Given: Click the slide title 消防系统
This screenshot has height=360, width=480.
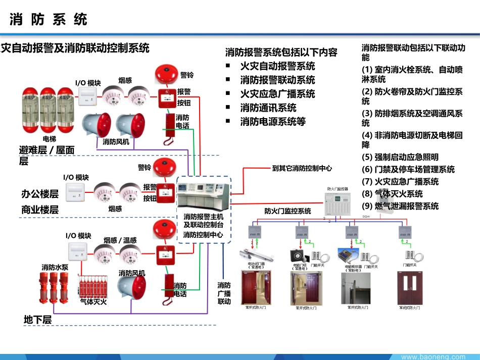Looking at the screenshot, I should click(x=49, y=19).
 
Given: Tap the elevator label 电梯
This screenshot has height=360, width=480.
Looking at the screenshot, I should click(x=49, y=138).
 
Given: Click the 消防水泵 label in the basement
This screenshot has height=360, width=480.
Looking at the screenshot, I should click(x=55, y=267).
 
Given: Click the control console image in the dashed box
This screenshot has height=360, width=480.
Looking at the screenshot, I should click(x=203, y=195).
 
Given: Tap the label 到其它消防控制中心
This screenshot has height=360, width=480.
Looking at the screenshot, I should click(x=302, y=168).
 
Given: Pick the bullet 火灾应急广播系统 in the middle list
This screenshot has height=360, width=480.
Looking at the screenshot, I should click(x=277, y=94).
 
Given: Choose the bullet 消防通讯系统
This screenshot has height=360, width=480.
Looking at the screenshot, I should click(x=268, y=108).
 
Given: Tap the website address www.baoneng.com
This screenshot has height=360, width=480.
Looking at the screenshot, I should click(x=433, y=356).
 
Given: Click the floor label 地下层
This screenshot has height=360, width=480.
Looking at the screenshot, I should click(x=38, y=320).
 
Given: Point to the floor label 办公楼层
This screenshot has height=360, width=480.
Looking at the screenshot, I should click(x=40, y=194).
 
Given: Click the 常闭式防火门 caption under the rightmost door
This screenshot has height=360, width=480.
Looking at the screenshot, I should click(x=409, y=307).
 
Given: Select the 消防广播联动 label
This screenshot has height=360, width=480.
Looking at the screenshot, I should click(x=224, y=293).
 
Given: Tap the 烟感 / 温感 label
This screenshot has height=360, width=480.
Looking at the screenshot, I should click(x=120, y=240).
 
